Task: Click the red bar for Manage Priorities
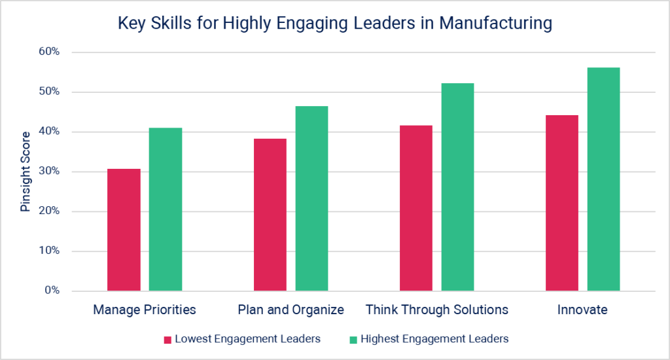124,230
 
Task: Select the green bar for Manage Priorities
166,209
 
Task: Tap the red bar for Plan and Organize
270,215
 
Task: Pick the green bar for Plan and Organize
311,198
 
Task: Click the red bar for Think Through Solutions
416,208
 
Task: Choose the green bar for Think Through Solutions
457,187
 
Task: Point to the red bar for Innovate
562,203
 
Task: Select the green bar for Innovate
603,179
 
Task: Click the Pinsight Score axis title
26,171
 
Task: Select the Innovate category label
582,310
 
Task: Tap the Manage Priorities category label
145,310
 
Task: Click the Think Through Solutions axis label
436,310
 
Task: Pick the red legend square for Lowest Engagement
167,339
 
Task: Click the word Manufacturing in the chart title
495,24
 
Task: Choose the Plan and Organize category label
291,310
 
